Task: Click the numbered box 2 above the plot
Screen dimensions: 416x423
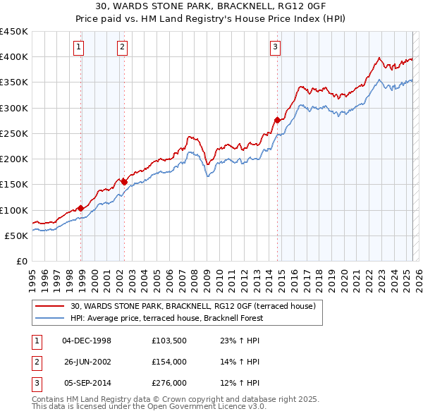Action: [122, 47]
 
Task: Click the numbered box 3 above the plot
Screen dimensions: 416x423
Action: [274, 47]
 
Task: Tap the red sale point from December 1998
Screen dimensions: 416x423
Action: [81, 208]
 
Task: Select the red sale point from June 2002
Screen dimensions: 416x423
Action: [125, 182]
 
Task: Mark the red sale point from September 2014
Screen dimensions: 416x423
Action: [277, 120]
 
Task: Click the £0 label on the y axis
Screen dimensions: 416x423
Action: [21, 261]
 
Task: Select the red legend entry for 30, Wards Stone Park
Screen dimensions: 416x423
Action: [197, 306]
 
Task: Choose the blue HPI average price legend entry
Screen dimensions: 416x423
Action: [166, 318]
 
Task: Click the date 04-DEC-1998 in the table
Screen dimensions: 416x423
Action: [87, 341]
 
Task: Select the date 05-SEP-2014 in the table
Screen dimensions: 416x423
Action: [87, 384]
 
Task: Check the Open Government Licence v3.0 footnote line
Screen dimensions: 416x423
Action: [149, 407]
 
